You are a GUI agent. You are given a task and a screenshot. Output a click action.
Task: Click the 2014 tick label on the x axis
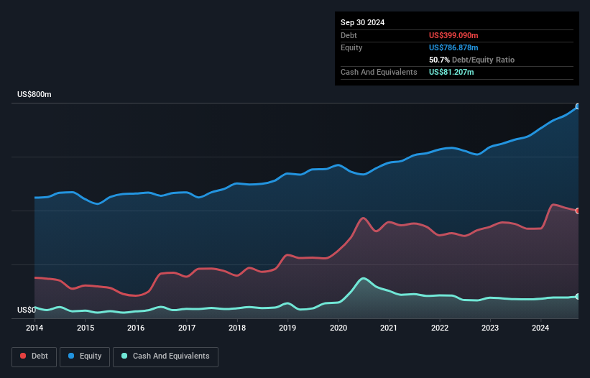[x=34, y=328]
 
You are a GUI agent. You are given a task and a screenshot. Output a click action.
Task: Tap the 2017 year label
[x=187, y=328]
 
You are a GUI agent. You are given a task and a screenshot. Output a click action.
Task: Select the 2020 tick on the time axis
[x=338, y=328]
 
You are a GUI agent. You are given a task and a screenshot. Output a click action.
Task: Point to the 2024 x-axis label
[x=540, y=328]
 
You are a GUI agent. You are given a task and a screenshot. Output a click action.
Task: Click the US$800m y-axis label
[x=34, y=95]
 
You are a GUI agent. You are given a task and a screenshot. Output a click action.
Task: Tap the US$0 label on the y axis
[x=26, y=310]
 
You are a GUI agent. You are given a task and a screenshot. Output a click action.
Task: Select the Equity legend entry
[x=85, y=356]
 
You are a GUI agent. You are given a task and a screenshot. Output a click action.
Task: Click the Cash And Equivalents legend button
[x=165, y=356]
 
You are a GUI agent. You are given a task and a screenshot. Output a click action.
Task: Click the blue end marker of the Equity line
[x=578, y=106]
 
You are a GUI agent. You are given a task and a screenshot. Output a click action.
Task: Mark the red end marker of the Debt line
[x=578, y=211]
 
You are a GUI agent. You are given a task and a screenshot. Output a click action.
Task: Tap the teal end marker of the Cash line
[x=578, y=296]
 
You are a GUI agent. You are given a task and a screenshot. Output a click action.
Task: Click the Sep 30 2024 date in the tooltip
[x=363, y=22]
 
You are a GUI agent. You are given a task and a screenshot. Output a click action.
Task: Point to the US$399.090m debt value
[x=453, y=35]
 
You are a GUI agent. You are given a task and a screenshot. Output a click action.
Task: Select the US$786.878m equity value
[x=453, y=47]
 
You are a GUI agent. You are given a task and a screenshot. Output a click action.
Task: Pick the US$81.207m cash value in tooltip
[x=451, y=72]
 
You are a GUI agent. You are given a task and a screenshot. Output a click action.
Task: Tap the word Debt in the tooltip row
[x=349, y=35]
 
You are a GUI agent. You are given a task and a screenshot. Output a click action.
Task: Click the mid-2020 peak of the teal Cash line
[x=364, y=278]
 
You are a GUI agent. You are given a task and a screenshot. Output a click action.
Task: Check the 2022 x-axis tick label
[x=440, y=328]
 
